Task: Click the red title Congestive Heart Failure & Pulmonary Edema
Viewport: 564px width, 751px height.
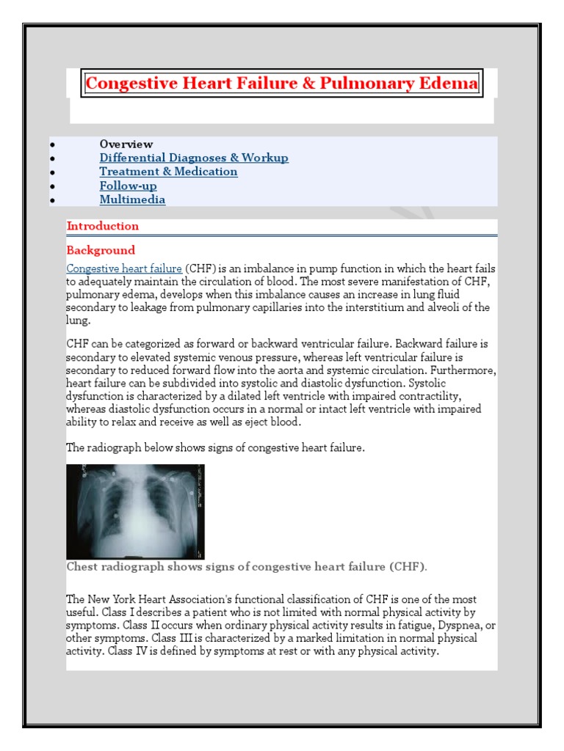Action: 281,84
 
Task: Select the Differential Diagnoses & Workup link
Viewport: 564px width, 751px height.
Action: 194,158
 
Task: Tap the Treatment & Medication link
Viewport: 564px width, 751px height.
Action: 168,172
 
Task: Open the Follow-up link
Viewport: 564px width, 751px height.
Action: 128,186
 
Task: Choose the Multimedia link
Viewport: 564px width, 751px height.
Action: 132,199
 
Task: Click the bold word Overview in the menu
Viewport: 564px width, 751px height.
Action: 126,144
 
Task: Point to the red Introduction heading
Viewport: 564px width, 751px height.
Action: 103,226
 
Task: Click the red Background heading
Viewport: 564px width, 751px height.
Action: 101,250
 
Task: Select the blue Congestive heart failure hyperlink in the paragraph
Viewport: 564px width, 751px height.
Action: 124,269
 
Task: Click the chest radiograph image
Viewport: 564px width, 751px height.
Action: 135,511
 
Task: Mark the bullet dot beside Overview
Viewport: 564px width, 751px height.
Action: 51,144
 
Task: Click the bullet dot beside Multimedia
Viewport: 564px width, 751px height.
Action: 51,200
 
